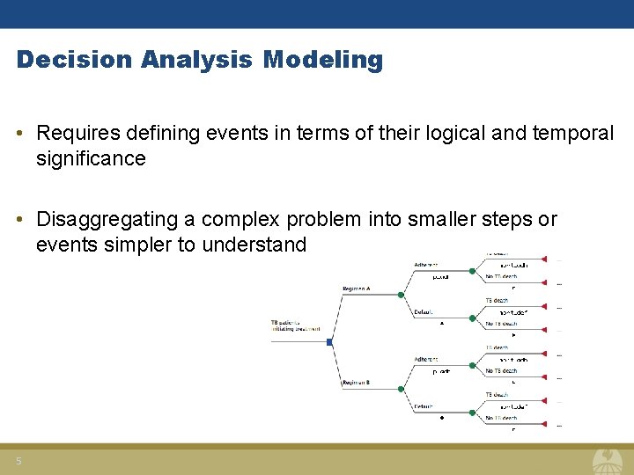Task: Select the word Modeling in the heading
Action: click(323, 60)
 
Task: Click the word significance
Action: click(91, 158)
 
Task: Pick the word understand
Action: click(254, 245)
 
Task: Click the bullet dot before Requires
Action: click(20, 134)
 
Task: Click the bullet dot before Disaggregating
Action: click(20, 220)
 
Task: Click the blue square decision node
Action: click(329, 341)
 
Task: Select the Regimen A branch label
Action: click(356, 289)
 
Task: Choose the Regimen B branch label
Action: click(356, 383)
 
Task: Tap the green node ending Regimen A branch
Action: click(401, 296)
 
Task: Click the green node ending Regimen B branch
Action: click(401, 389)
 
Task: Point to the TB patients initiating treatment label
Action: click(289, 326)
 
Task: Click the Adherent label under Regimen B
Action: click(425, 360)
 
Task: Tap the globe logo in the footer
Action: click(607, 459)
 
